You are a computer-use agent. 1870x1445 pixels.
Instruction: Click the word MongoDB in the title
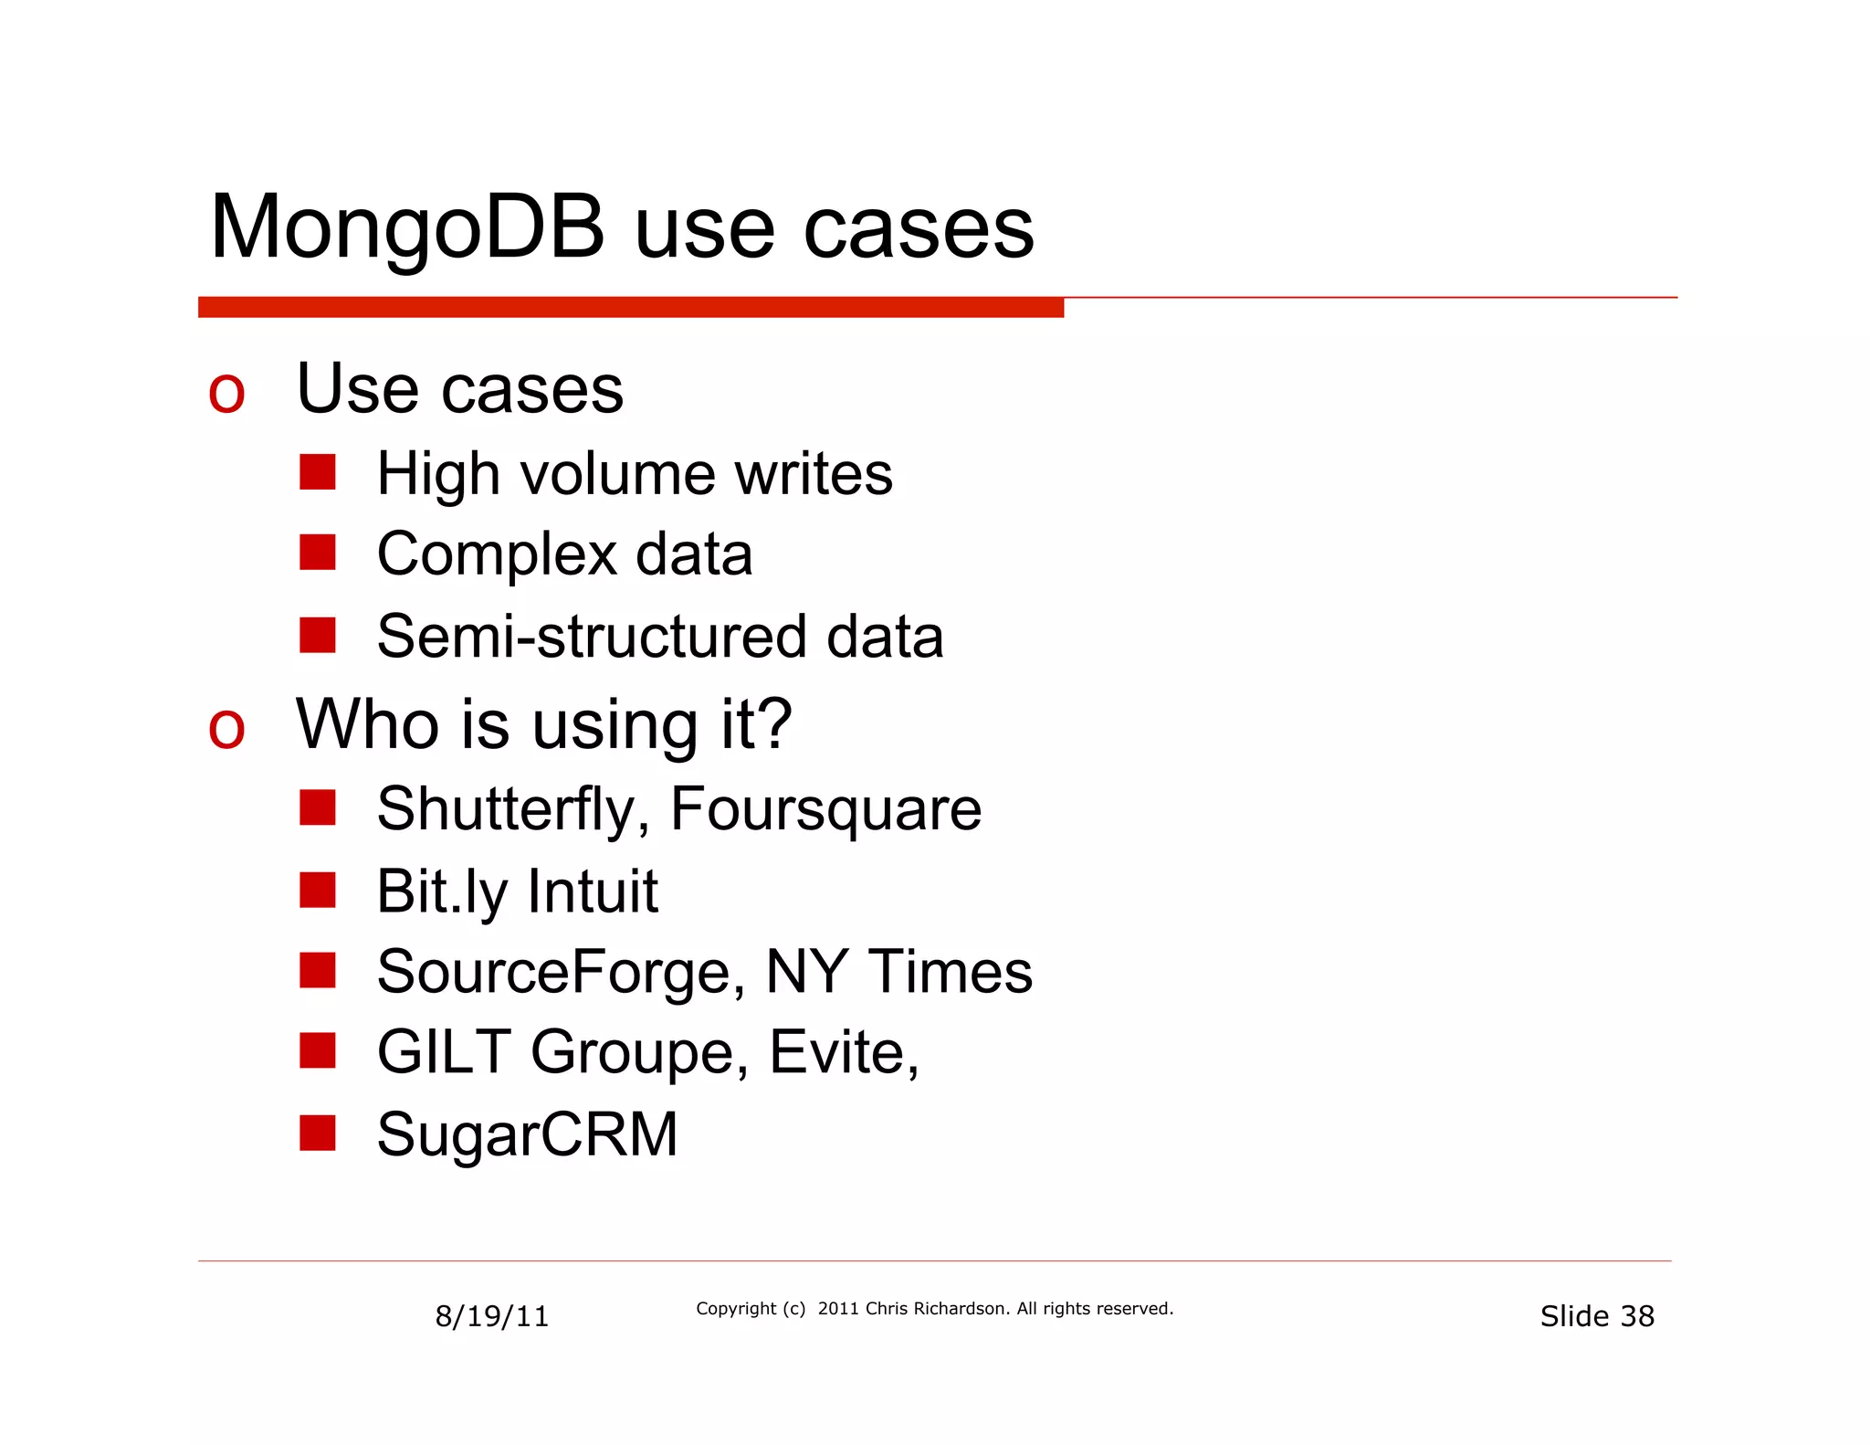[x=407, y=228]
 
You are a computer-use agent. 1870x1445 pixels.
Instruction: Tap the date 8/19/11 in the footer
[x=491, y=1316]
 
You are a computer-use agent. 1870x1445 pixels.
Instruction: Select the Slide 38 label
[x=1596, y=1316]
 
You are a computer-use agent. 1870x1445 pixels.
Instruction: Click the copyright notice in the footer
[x=934, y=1309]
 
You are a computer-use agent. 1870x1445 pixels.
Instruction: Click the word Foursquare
[x=825, y=809]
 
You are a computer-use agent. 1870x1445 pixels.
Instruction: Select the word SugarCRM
[x=527, y=1134]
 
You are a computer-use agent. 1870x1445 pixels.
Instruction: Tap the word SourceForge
[x=554, y=972]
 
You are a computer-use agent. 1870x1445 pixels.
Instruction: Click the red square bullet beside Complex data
[x=317, y=553]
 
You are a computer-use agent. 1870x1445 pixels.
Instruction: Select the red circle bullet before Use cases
[x=226, y=395]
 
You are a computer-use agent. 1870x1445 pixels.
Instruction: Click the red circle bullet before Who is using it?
[x=226, y=730]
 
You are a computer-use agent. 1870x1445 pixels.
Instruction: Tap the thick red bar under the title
[x=630, y=308]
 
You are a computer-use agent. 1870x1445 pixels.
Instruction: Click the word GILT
[x=444, y=1052]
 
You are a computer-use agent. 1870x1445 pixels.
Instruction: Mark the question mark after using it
[x=774, y=723]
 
